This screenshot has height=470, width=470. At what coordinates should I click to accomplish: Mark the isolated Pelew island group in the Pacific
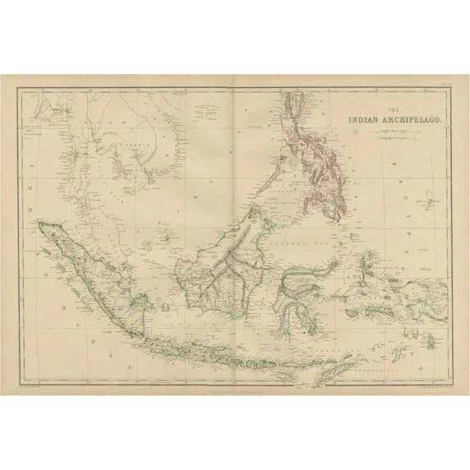(x=431, y=200)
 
